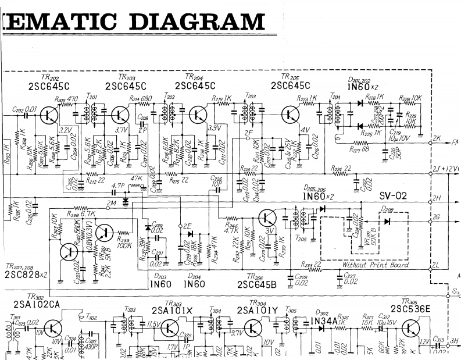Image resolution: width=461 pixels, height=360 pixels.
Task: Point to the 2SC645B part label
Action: (x=258, y=284)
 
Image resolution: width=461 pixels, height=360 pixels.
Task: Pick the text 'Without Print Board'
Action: (x=375, y=265)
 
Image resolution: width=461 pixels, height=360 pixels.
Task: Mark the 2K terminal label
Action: (x=437, y=140)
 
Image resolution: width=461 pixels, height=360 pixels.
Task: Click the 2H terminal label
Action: (x=437, y=198)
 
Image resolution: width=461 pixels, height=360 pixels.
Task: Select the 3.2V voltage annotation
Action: (x=65, y=130)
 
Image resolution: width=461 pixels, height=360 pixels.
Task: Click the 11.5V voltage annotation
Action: (x=154, y=323)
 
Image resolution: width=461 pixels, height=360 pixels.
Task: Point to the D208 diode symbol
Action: (x=387, y=220)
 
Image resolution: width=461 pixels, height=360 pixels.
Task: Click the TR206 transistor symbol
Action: (x=267, y=218)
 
